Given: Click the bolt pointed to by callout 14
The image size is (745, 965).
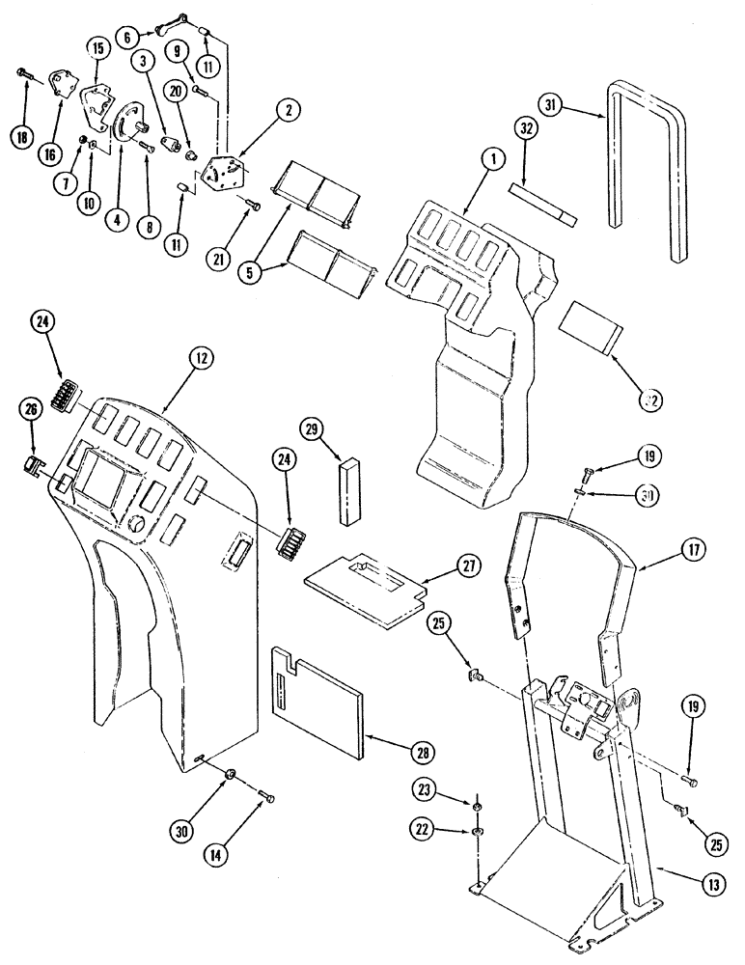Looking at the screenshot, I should coord(266,795).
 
